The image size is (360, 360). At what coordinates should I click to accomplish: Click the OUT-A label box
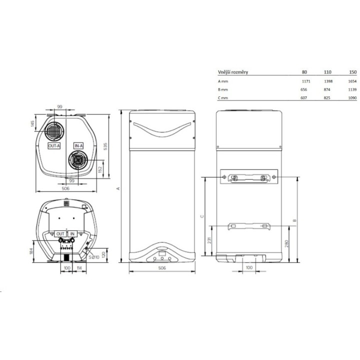tap(54, 146)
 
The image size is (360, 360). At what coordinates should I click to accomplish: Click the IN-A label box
tap(78, 146)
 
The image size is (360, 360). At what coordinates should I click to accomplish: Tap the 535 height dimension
tap(105, 146)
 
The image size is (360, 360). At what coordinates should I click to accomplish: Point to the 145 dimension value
tap(32, 123)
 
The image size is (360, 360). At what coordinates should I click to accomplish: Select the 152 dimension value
tap(100, 169)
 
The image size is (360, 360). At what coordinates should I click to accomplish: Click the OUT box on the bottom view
tap(60, 233)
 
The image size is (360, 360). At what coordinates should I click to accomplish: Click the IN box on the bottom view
tap(72, 233)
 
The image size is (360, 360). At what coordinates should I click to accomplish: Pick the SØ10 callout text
tap(94, 257)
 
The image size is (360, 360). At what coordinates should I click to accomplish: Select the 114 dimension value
tap(79, 268)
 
